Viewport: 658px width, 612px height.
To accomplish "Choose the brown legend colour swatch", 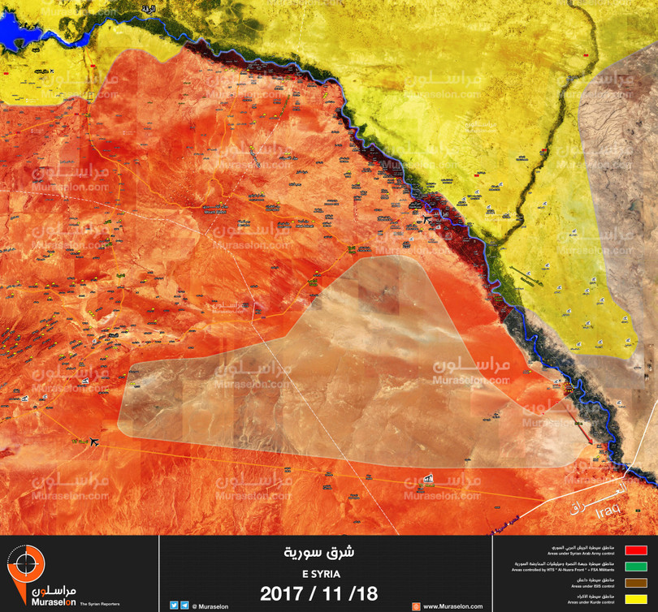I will pyautogui.click(x=634, y=582).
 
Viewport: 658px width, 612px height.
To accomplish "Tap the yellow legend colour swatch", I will pyautogui.click(x=634, y=599).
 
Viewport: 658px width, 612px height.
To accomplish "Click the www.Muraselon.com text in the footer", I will pyautogui.click(x=450, y=606).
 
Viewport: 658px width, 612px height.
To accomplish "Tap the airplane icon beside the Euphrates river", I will pyautogui.click(x=428, y=220).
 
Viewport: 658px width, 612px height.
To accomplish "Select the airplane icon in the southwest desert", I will pyautogui.click(x=95, y=442).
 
